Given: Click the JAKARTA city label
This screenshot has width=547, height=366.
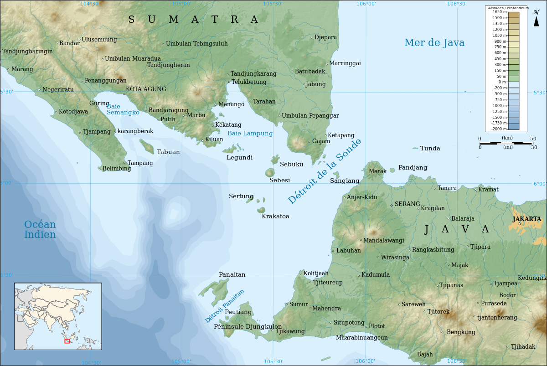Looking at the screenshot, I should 526,219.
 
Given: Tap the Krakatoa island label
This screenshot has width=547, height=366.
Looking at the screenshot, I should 275,217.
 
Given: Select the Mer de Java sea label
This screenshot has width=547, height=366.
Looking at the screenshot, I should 434,43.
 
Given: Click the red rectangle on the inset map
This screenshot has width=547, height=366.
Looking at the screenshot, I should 67,341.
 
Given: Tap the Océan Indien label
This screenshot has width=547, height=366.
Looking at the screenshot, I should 40,230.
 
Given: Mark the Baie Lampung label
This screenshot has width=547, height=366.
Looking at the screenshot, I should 250,134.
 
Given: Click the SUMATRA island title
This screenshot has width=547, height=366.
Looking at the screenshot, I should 193,20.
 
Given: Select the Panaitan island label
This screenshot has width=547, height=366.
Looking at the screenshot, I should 232,275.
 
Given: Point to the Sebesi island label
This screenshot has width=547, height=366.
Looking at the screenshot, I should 279,180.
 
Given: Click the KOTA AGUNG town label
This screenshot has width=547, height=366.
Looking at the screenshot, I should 146,89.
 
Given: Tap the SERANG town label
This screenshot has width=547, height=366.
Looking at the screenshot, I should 407,204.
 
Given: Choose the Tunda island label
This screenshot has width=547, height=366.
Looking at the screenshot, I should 430,149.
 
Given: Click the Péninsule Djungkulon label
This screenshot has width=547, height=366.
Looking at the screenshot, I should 248,327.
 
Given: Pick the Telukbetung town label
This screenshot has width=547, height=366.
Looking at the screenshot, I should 248,82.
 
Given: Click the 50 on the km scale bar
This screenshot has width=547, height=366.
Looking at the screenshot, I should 532,139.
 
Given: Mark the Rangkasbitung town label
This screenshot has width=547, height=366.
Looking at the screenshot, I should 433,250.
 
